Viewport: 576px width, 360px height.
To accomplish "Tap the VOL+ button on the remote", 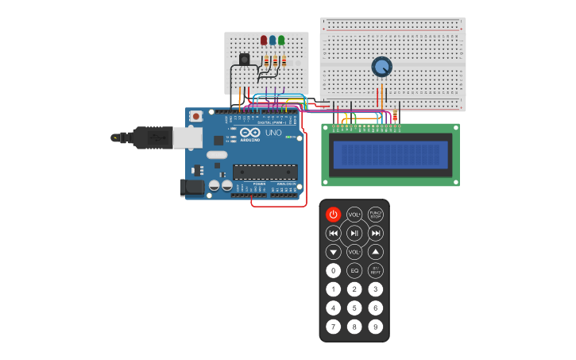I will coord(354,215).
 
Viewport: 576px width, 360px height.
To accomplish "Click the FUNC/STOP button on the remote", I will coord(376,215).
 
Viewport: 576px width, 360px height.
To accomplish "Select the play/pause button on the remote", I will coord(354,233).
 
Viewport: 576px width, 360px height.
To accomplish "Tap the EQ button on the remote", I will coord(354,271).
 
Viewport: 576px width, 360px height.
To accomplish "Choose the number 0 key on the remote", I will coord(334,271).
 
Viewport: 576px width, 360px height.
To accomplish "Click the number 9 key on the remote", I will coord(376,327).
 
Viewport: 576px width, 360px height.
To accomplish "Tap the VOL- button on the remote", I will coord(354,252).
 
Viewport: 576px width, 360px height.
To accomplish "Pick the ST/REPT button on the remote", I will coord(376,271).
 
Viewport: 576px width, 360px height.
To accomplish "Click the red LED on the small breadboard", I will coord(264,41).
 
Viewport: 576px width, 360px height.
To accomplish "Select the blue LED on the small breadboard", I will coord(273,41).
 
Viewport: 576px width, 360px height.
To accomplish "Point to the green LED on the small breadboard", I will coord(281,41).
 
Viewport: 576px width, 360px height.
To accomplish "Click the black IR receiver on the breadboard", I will coord(244,59).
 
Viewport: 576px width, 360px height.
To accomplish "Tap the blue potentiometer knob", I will coord(382,67).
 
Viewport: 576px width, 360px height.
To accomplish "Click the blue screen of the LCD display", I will coord(390,154).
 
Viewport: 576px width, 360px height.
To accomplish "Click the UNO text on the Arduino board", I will coord(273,133).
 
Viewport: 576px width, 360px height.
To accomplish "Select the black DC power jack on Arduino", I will coord(191,188).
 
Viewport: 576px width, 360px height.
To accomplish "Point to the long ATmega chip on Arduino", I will coord(265,172).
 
